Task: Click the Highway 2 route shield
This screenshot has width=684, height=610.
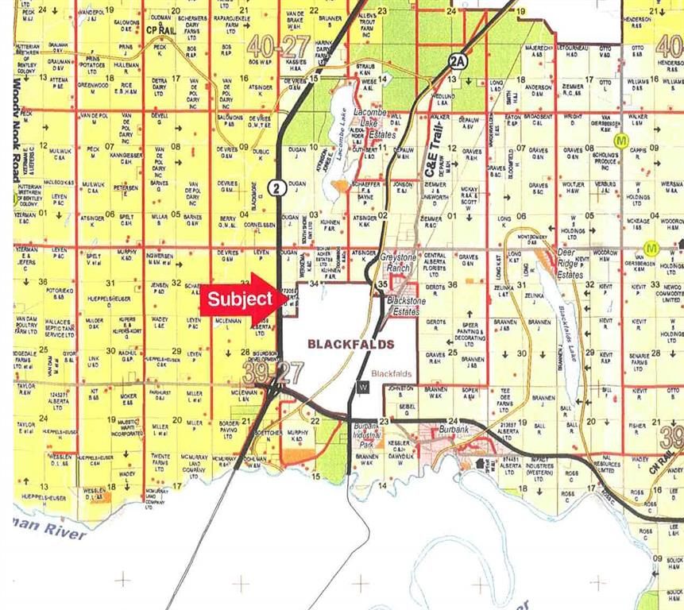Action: pos(276,187)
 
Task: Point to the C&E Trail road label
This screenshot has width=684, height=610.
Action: pos(432,156)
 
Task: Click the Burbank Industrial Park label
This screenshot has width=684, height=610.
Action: pos(369,436)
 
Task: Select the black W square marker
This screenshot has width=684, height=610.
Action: pos(363,387)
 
